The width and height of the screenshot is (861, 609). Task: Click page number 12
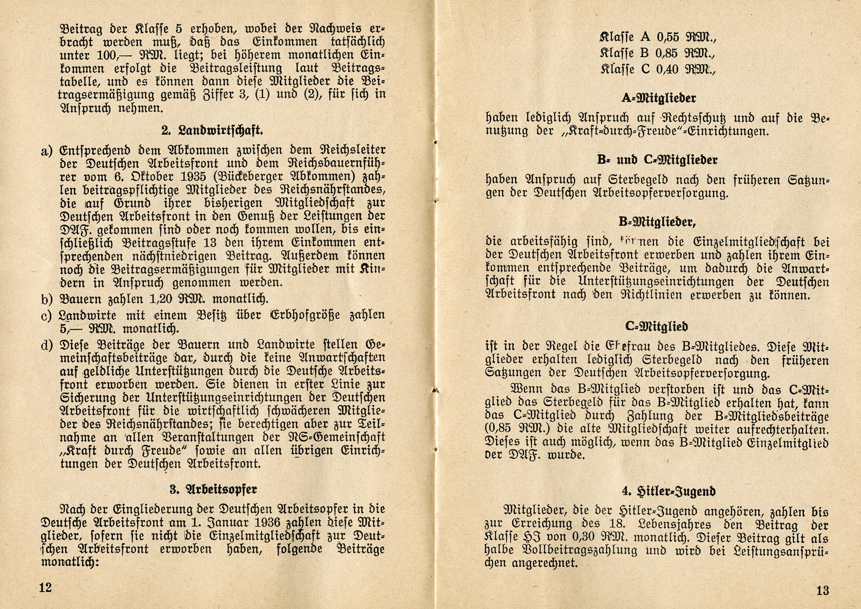pyautogui.click(x=45, y=588)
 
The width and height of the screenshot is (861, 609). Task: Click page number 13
pyautogui.click(x=822, y=591)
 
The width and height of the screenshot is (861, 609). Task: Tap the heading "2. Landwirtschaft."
pyautogui.click(x=212, y=130)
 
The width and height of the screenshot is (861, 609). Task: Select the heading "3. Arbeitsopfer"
pyautogui.click(x=213, y=489)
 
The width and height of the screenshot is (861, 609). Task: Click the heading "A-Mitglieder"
pyautogui.click(x=658, y=98)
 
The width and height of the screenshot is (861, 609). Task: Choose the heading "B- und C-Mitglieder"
pyautogui.click(x=657, y=160)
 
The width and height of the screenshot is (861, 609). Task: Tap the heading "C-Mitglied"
pyautogui.click(x=656, y=326)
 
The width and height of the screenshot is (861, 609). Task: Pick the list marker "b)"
pyautogui.click(x=47, y=300)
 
